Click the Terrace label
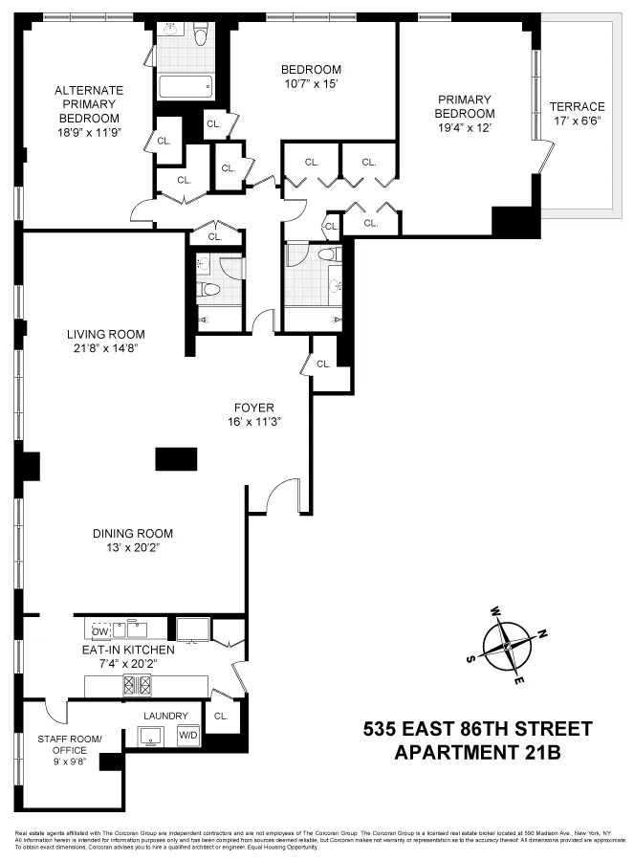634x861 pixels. [x=577, y=106]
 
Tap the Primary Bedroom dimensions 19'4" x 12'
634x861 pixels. [x=465, y=128]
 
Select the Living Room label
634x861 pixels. [x=105, y=334]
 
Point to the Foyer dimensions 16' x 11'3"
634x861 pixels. [x=253, y=420]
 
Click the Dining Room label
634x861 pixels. [x=133, y=533]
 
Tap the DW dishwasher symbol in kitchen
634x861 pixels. [x=99, y=630]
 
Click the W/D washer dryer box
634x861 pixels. [x=187, y=735]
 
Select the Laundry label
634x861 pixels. [x=165, y=715]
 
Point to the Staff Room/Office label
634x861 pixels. [x=69, y=744]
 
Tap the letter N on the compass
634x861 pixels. [x=542, y=632]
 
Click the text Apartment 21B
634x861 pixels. [x=477, y=752]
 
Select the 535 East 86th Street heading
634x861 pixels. [x=477, y=729]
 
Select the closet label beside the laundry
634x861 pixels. [x=221, y=715]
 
